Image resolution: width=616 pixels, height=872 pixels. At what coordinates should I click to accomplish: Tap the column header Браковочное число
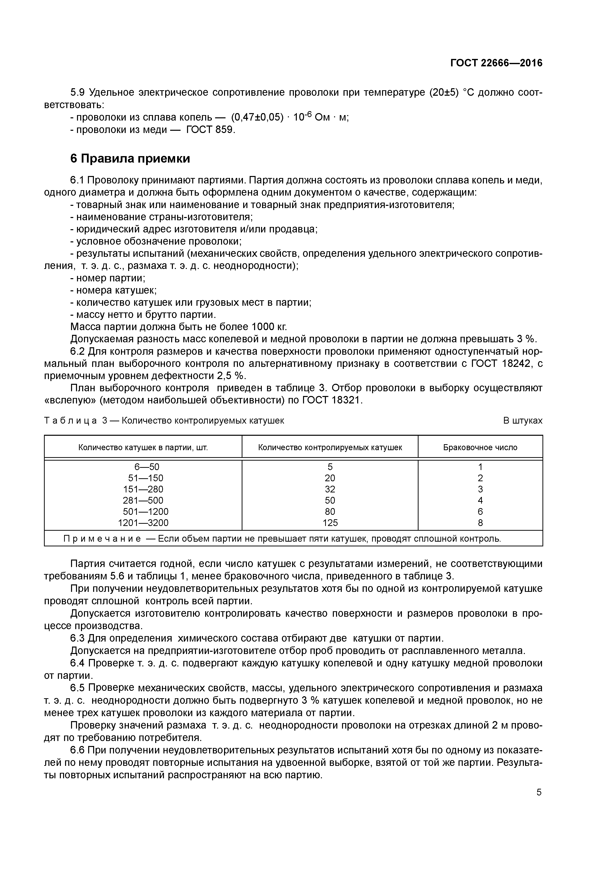pyautogui.click(x=480, y=447)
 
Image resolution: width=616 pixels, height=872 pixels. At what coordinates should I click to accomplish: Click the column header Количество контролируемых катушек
pyautogui.click(x=330, y=447)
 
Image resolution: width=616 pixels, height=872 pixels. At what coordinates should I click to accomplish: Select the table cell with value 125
pyautogui.click(x=330, y=523)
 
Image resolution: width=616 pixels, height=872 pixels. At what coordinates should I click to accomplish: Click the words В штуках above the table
pyautogui.click(x=523, y=421)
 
